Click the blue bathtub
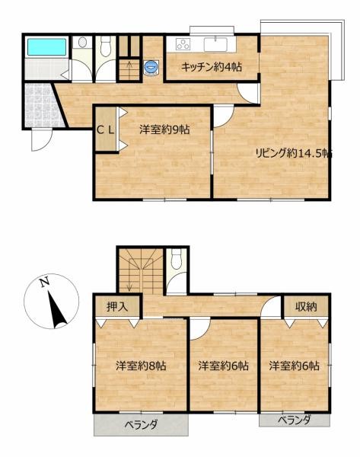46,46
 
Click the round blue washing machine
152,67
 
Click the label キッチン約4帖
211,67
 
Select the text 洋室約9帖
164,129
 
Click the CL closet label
105,129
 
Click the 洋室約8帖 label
141,366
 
